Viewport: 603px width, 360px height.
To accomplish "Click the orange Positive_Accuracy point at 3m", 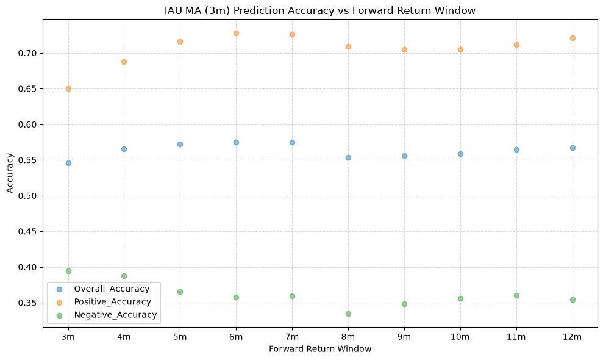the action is [x=68, y=89].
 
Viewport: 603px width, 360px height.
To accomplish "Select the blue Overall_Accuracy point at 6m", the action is [x=236, y=142].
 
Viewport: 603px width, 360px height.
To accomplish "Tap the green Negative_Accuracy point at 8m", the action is [x=348, y=314].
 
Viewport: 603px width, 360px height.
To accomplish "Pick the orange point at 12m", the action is [x=573, y=38].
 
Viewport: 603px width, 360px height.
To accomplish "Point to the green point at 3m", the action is [x=68, y=271].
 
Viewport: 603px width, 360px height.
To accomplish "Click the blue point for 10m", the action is [x=460, y=154].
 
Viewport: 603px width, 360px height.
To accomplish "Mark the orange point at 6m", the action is [x=236, y=34].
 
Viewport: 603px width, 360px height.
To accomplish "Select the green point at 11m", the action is [x=516, y=296].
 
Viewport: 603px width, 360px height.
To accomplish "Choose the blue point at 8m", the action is [x=348, y=157].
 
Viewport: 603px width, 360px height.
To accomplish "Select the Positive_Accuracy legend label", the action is [x=112, y=302].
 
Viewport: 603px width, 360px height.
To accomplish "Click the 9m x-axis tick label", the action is [x=404, y=337].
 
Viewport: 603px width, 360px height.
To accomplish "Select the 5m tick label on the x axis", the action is [x=180, y=337].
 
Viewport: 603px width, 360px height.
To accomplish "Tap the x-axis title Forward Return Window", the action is [x=320, y=349].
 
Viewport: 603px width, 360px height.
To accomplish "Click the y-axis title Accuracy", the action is [x=10, y=173].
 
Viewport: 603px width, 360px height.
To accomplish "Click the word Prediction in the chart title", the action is [x=257, y=10].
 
